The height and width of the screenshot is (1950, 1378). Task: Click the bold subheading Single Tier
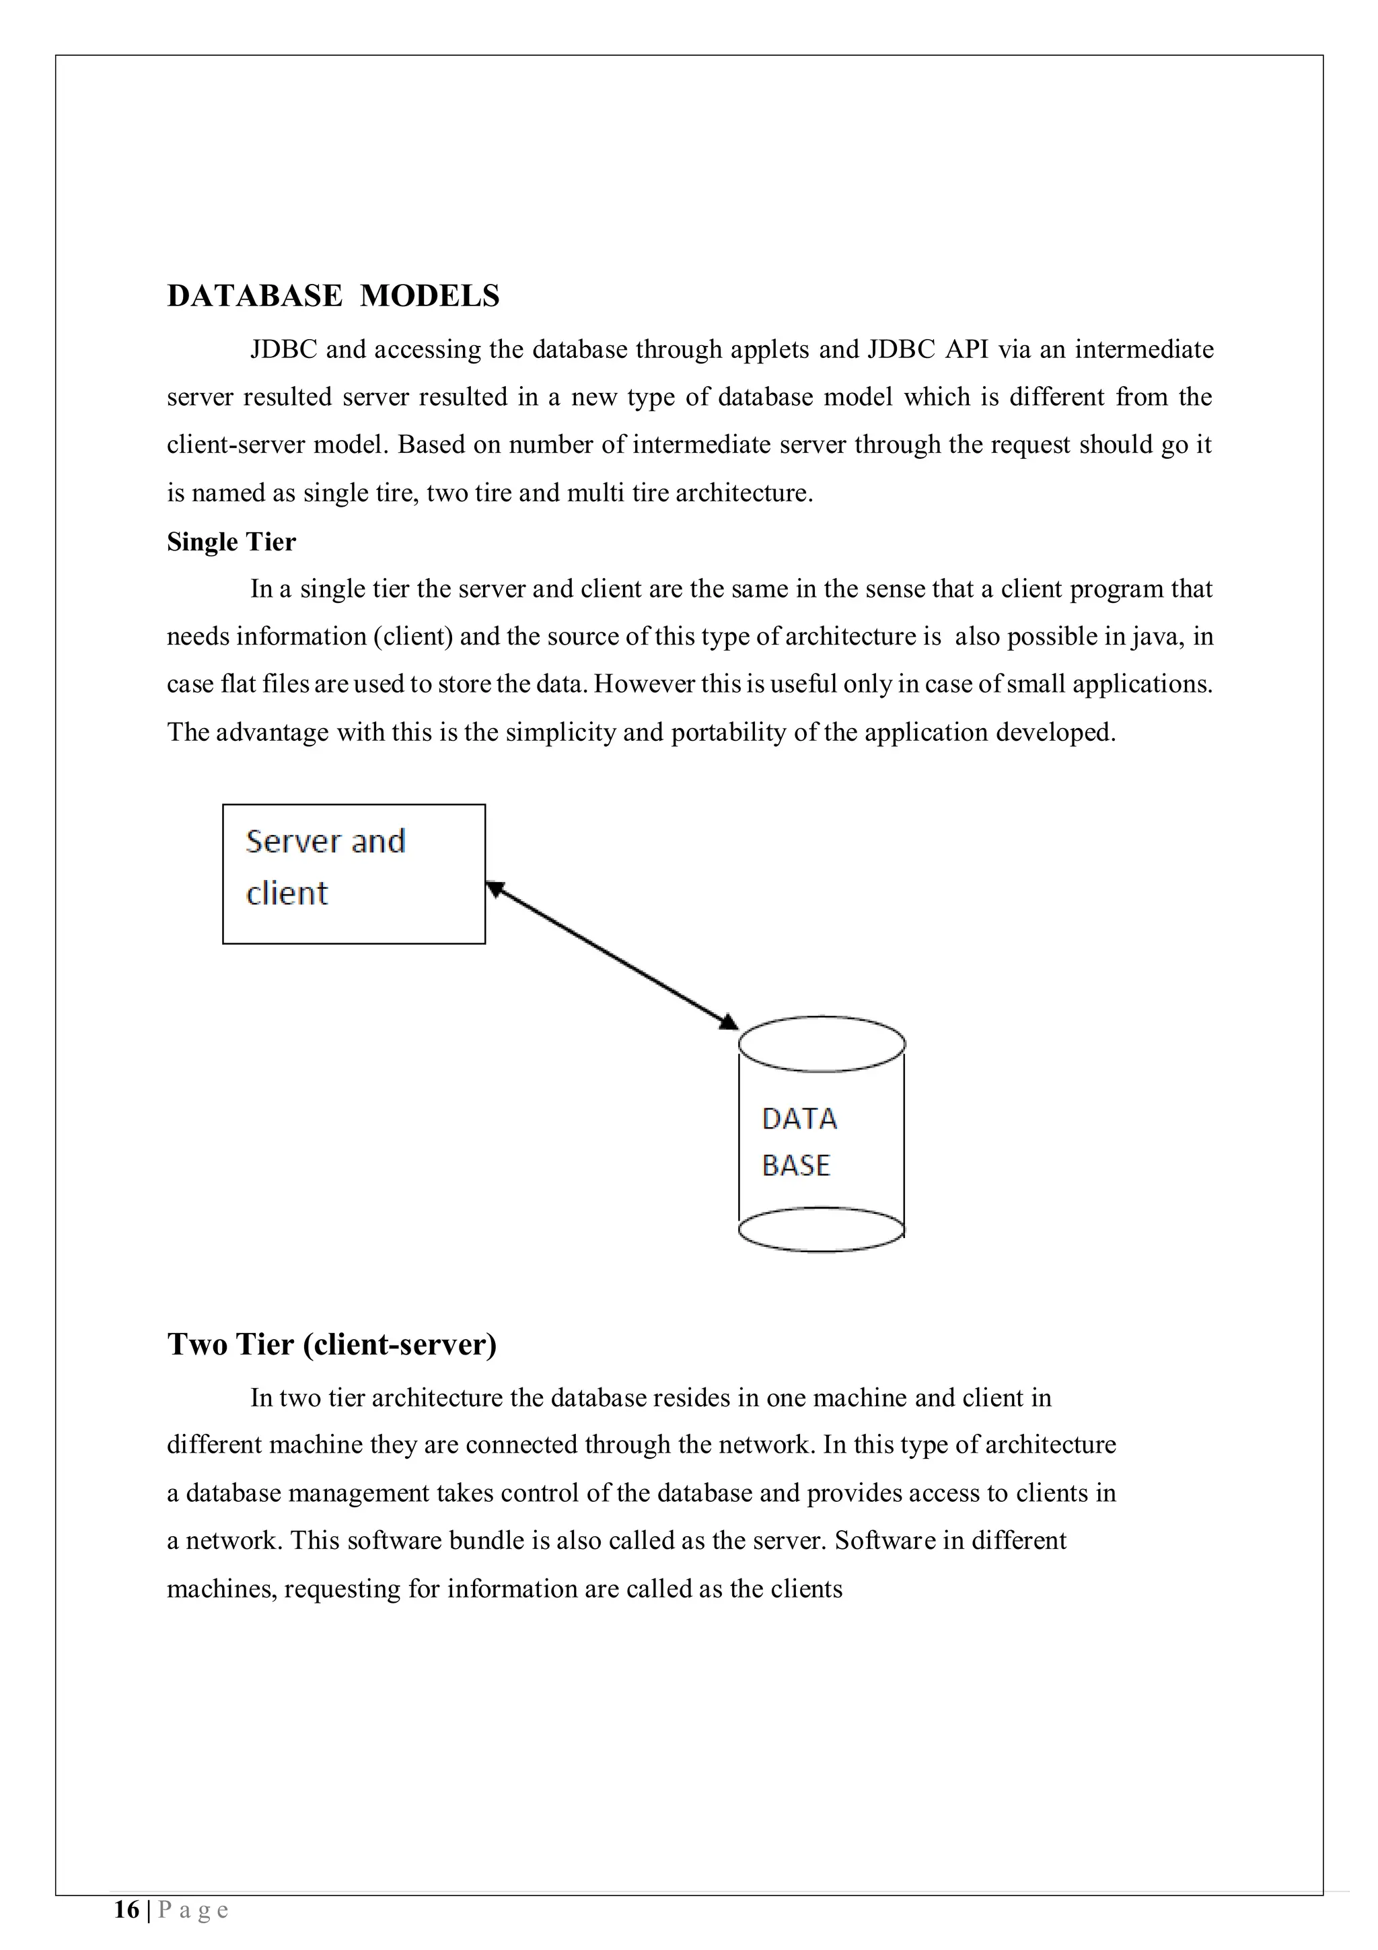(231, 542)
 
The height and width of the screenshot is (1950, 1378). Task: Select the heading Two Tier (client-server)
(332, 1344)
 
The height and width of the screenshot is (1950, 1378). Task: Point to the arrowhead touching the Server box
(494, 888)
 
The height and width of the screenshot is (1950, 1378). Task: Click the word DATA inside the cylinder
(799, 1118)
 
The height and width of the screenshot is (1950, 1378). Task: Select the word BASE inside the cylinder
(795, 1165)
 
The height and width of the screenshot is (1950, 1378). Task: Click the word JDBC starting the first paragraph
(283, 350)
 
